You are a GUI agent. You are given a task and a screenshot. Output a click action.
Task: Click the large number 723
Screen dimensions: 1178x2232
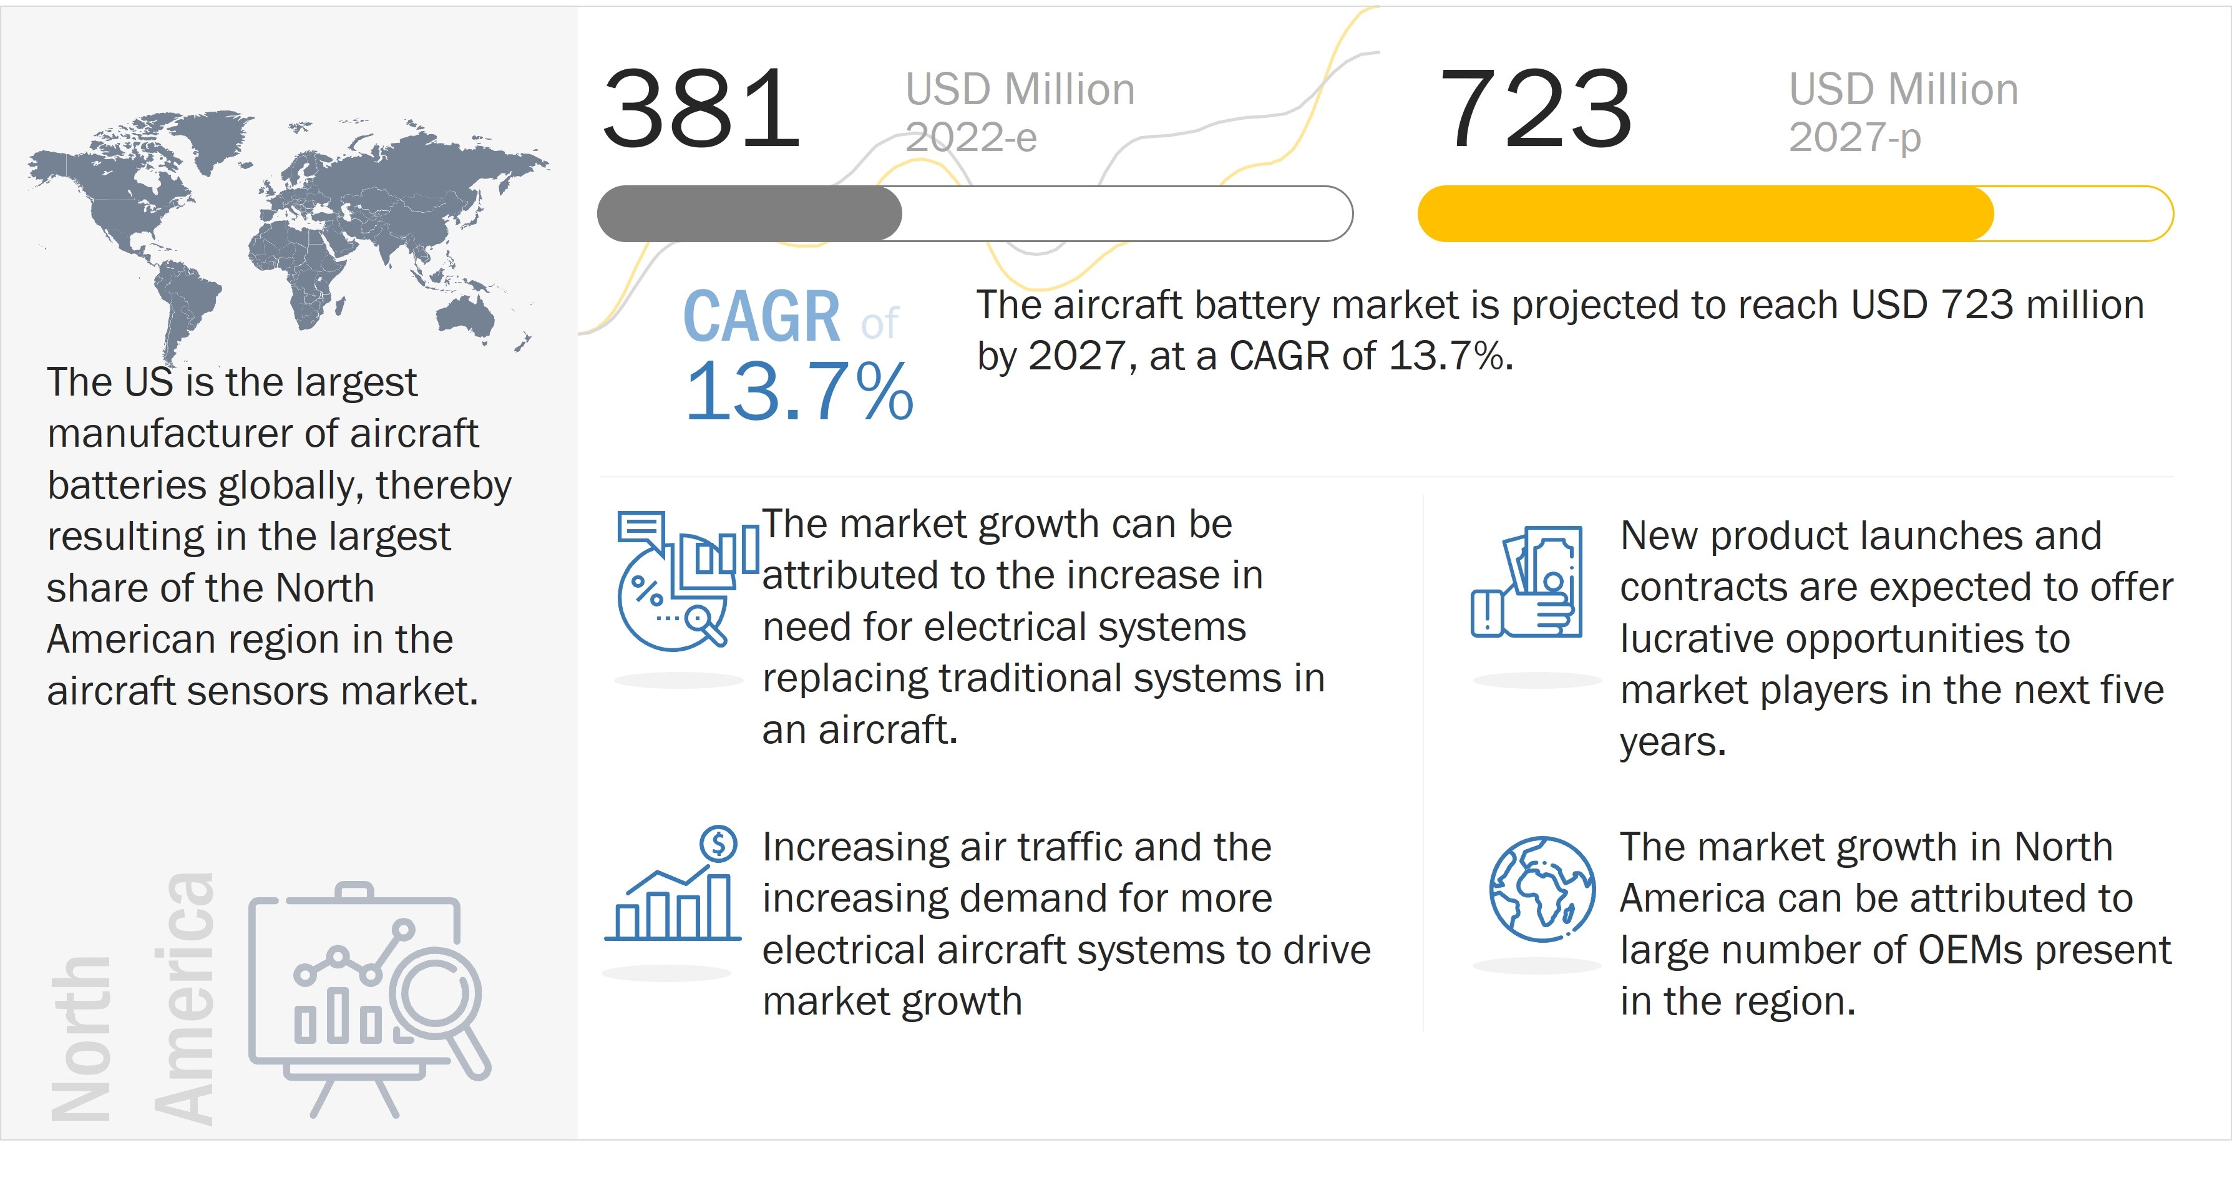click(x=1536, y=109)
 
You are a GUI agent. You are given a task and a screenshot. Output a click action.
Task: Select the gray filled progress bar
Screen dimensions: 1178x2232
click(x=749, y=213)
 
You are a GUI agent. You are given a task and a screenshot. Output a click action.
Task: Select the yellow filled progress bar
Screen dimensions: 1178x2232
click(x=1705, y=213)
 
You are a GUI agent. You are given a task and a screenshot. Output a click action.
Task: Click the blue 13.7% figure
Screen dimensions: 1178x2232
click(x=799, y=392)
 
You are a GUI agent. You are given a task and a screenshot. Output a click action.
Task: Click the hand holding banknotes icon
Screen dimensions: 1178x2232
click(x=1528, y=582)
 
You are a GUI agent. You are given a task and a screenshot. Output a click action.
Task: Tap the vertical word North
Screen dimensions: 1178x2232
click(x=80, y=1039)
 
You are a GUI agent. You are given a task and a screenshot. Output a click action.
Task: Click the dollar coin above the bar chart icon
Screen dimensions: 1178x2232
click(x=718, y=843)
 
